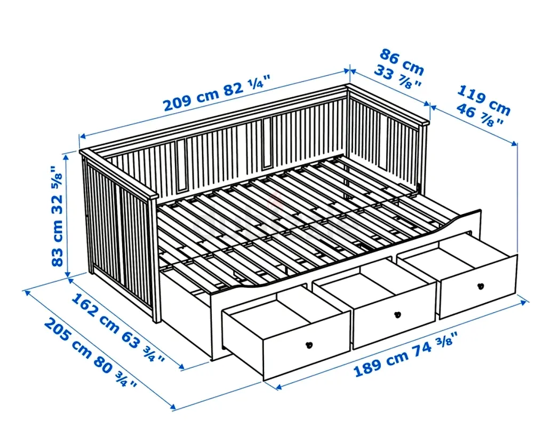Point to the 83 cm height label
pos(57,245)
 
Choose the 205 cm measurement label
pos(68,337)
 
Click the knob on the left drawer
pos(309,345)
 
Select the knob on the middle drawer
pos(398,314)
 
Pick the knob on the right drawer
pos(481,286)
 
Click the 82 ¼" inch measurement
pos(247,86)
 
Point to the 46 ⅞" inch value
pos(479,115)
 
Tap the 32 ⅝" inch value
pos(57,192)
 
